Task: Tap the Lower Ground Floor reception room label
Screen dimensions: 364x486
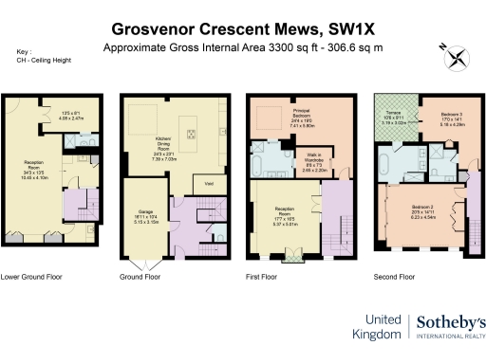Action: pos(35,174)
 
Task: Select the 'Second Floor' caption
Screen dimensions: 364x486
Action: pos(394,278)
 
